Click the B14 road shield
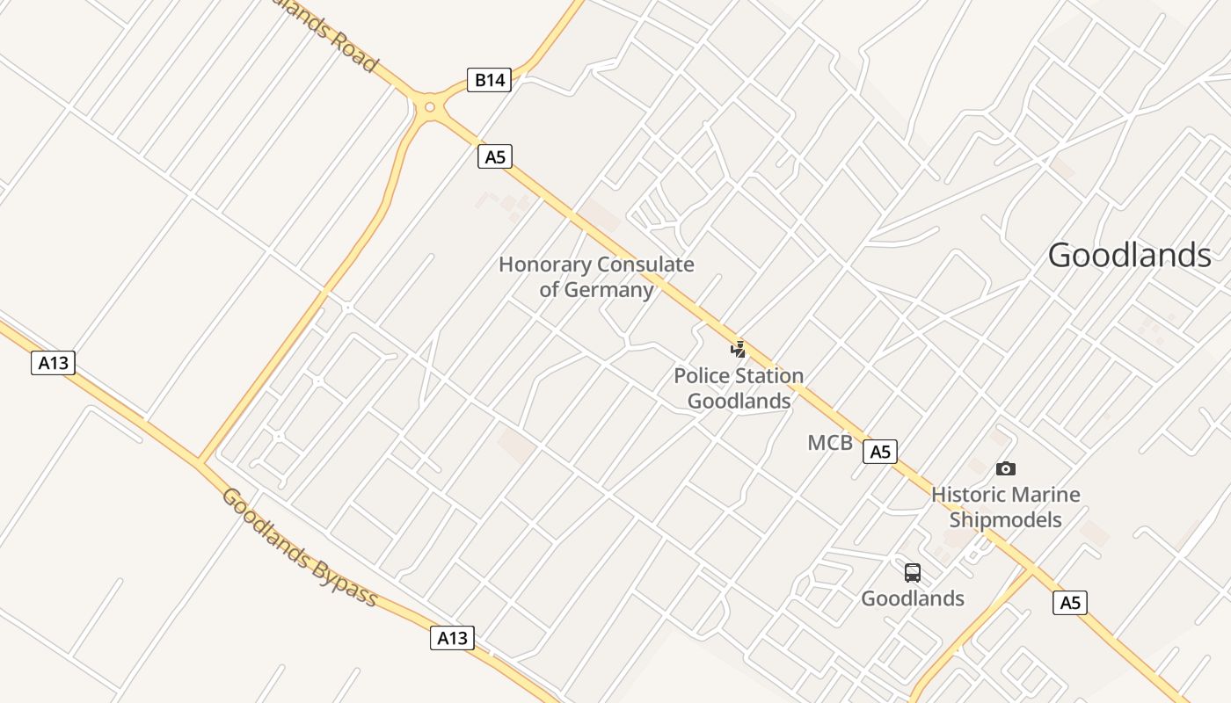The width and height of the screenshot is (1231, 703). click(x=490, y=80)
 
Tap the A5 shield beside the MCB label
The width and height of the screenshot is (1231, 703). click(x=880, y=452)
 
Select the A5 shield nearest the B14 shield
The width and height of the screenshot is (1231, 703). click(x=496, y=156)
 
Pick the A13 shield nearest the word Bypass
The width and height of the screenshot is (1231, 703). click(x=453, y=638)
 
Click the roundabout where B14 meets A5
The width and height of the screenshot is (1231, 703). click(x=429, y=107)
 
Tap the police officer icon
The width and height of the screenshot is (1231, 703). click(x=739, y=350)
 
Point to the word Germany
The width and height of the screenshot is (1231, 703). click(x=608, y=289)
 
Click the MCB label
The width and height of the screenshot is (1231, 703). click(x=830, y=443)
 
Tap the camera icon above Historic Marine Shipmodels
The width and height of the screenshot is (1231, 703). click(x=1006, y=469)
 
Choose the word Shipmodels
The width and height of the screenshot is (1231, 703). click(x=1006, y=519)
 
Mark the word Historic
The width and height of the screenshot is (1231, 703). click(x=966, y=495)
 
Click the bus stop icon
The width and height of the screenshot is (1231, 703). click(x=913, y=573)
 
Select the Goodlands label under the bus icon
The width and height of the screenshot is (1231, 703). click(x=913, y=598)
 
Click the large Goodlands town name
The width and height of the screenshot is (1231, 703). click(x=1130, y=256)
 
